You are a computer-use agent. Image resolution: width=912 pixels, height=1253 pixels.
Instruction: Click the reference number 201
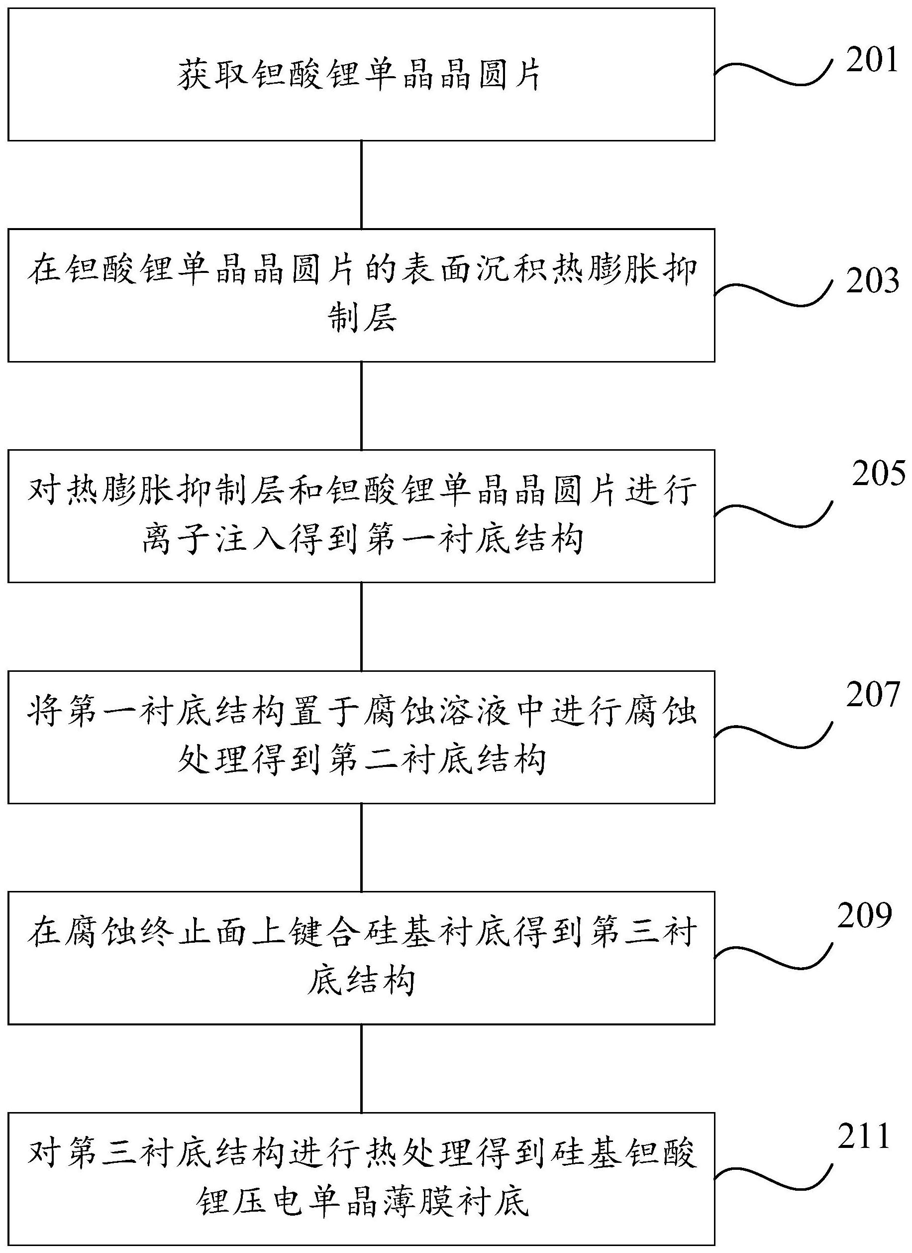pyautogui.click(x=872, y=60)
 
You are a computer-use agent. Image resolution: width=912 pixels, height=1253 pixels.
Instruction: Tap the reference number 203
pyautogui.click(x=872, y=281)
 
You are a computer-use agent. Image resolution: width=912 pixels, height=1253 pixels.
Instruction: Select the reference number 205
pyautogui.click(x=878, y=474)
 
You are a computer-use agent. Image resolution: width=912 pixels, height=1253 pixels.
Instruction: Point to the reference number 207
pyautogui.click(x=872, y=695)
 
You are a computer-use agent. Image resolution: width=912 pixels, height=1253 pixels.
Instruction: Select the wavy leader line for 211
pyautogui.click(x=773, y=1177)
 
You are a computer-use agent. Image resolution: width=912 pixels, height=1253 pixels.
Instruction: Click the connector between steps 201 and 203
pyautogui.click(x=361, y=185)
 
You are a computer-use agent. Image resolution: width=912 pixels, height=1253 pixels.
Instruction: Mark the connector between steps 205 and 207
pyautogui.click(x=361, y=626)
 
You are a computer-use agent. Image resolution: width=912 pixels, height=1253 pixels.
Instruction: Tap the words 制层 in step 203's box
pyautogui.click(x=362, y=319)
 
